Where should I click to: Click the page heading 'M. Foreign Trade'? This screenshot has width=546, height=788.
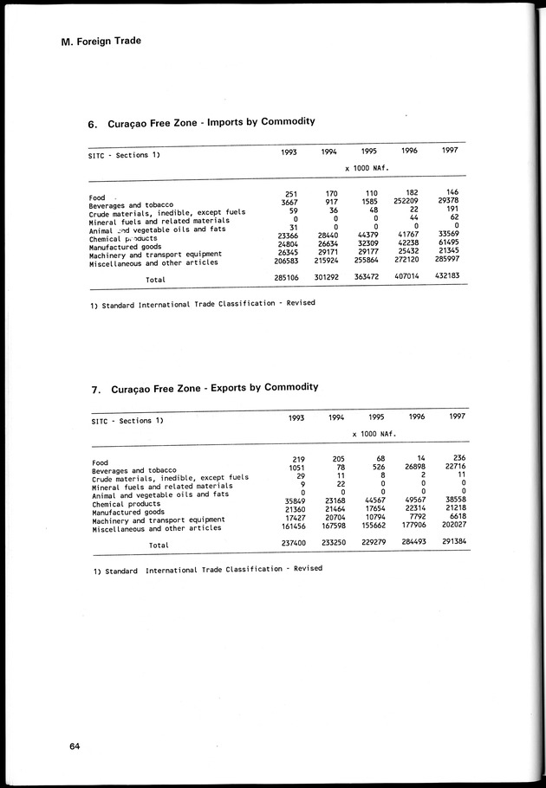coord(101,41)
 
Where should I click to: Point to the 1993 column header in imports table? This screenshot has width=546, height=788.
coord(289,152)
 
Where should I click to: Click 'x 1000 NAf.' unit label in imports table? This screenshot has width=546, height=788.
coord(366,169)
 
